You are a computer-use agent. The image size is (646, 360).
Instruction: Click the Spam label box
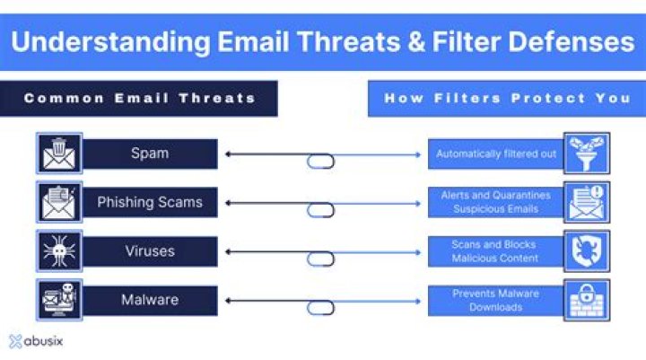[x=150, y=154]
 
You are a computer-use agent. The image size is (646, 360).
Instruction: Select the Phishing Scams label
[x=150, y=202]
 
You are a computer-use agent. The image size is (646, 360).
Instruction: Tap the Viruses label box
[x=150, y=251]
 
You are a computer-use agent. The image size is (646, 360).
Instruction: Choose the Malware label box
[x=150, y=300]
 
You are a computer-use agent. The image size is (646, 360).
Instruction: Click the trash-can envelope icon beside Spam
[x=59, y=154]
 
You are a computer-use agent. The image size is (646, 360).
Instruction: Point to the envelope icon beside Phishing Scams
[x=59, y=202]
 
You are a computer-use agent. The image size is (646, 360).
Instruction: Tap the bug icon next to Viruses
[x=59, y=251]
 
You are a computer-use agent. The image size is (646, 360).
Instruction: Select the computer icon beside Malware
[x=59, y=300]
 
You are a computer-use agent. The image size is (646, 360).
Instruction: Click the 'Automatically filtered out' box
[x=496, y=154]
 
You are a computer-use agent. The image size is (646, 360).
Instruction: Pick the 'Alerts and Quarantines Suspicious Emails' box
[x=496, y=202]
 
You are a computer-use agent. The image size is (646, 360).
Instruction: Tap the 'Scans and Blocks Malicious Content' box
[x=496, y=251]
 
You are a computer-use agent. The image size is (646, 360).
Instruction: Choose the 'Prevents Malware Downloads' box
[x=496, y=300]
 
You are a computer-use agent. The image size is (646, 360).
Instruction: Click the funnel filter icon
[x=587, y=154]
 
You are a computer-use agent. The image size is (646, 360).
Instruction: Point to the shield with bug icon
[x=587, y=251]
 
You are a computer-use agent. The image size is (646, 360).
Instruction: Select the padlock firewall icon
[x=587, y=300]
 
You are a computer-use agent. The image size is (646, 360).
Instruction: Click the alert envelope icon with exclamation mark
[x=587, y=202]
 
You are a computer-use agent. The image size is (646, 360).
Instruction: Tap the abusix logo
[x=36, y=341]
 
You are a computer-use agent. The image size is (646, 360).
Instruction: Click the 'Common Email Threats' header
[x=138, y=99]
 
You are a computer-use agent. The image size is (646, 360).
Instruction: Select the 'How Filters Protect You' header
[x=507, y=99]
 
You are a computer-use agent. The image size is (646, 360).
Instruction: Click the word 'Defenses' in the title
[x=572, y=42]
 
